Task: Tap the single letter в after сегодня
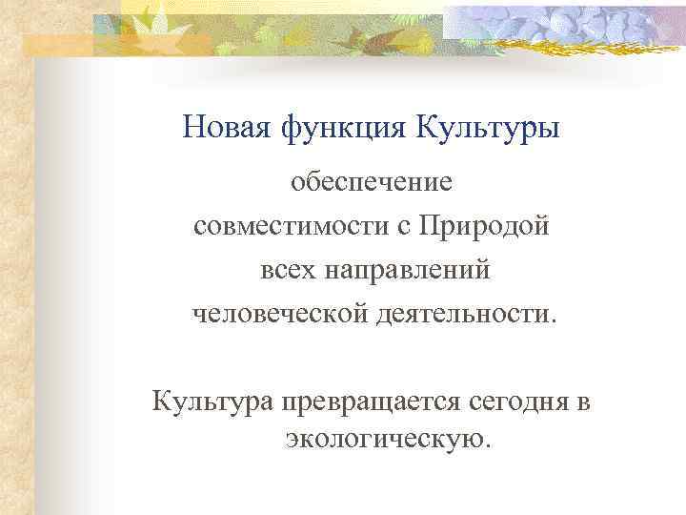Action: tap(583, 403)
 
